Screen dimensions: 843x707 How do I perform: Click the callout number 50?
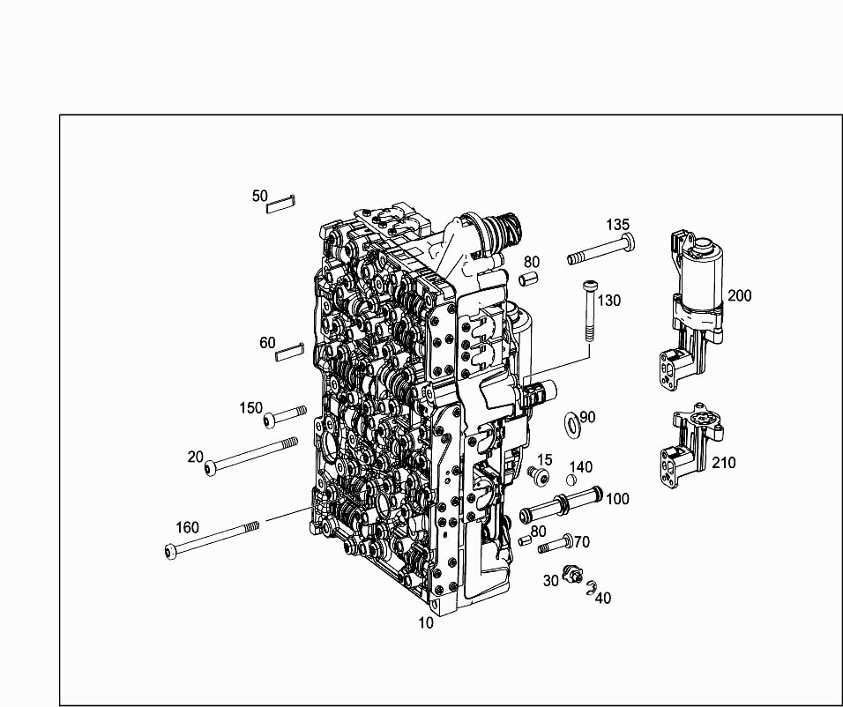[259, 197]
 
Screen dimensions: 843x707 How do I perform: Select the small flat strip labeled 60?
[290, 352]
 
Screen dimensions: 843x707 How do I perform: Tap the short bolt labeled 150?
[285, 416]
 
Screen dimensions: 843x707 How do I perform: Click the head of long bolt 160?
[171, 552]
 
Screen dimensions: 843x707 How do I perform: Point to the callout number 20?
[195, 457]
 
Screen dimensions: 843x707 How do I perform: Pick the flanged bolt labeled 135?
[601, 249]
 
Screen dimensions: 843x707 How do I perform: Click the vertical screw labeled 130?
[589, 311]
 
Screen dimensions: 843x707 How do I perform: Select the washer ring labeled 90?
[571, 422]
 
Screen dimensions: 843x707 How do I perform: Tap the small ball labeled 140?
[572, 480]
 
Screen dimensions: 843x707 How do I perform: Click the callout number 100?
[617, 499]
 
